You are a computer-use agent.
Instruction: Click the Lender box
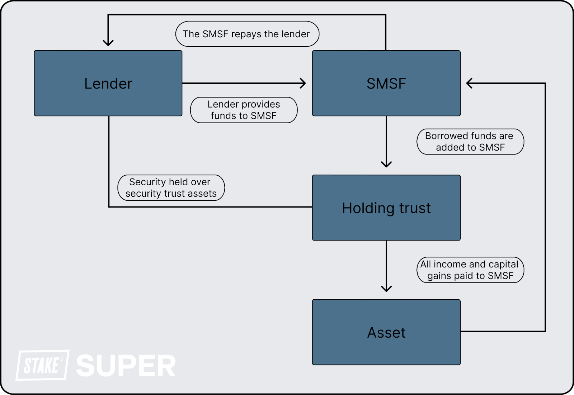point(108,83)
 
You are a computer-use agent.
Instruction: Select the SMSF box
point(386,83)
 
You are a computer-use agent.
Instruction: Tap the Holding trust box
point(386,208)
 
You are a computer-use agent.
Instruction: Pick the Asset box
point(386,332)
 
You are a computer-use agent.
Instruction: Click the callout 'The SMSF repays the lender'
point(247,34)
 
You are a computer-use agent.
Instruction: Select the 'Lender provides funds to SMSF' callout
point(244,110)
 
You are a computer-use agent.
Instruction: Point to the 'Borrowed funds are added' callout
point(470,142)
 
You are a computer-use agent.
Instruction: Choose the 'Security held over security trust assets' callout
point(171,187)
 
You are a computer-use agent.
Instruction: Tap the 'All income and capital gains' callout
point(470,270)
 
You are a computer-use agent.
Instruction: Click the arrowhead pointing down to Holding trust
point(386,165)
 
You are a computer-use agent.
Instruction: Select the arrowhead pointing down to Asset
point(386,289)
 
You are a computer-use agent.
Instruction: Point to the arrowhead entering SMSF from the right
point(469,83)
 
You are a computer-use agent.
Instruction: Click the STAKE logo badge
point(42,365)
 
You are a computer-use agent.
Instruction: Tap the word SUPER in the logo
point(126,366)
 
